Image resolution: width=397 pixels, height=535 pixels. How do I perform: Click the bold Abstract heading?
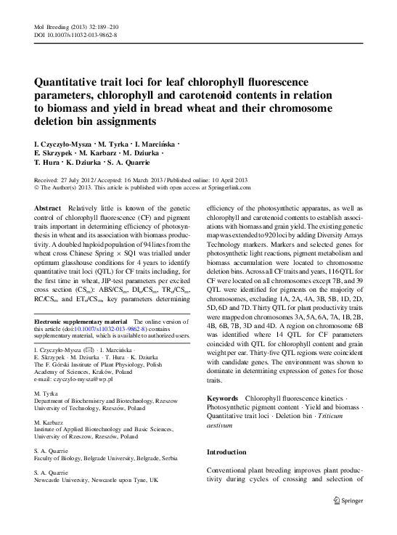click(x=48, y=208)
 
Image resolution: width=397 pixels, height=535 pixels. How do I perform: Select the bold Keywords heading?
click(x=223, y=399)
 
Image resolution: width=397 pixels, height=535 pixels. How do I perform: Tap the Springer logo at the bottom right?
click(x=348, y=500)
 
